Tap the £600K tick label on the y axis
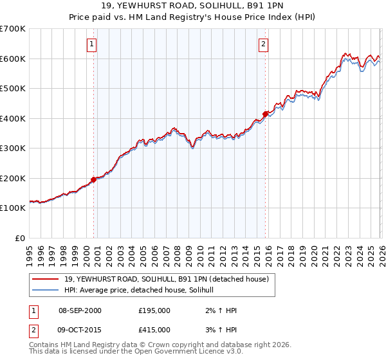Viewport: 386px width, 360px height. click(13, 59)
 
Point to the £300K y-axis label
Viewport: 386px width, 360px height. click(13, 148)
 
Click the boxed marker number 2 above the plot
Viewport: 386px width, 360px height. click(264, 44)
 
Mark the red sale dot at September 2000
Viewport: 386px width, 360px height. click(93, 179)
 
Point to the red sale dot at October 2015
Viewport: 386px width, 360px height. click(265, 114)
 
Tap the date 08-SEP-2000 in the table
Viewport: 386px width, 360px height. click(80, 311)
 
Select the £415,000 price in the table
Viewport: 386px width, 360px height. click(154, 329)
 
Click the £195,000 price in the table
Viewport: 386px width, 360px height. click(154, 311)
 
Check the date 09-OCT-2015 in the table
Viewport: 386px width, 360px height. click(80, 329)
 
